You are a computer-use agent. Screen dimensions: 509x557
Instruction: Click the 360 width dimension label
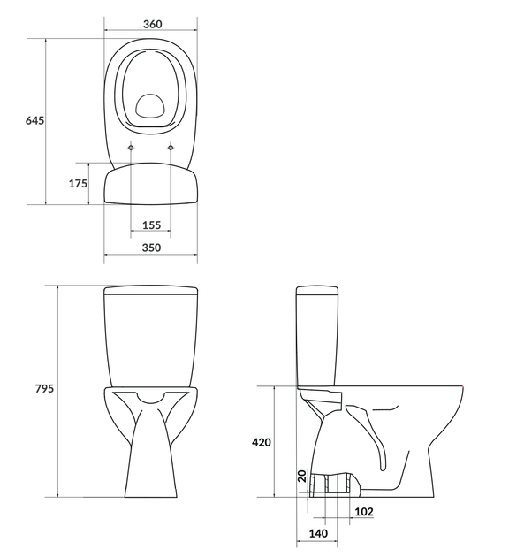[x=152, y=24]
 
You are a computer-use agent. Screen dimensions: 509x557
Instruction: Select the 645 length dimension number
[x=34, y=120]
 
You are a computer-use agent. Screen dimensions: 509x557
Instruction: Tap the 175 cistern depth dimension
[x=78, y=183]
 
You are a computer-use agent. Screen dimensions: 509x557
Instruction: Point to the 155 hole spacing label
[x=152, y=225]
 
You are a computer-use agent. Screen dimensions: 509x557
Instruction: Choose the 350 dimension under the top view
[x=152, y=248]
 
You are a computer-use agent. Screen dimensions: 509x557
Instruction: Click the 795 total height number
[x=44, y=388]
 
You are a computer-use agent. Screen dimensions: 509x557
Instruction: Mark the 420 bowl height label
[x=262, y=442]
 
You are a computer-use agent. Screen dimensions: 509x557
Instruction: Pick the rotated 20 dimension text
[x=302, y=476]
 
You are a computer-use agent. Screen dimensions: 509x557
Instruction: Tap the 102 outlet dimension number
[x=364, y=512]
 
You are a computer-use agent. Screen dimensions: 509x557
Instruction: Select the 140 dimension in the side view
[x=318, y=533]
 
